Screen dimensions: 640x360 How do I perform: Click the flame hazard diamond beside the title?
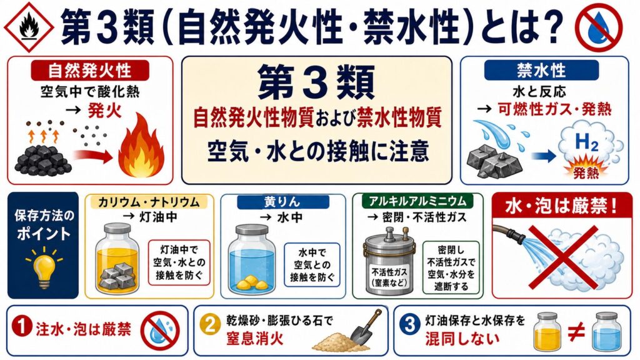pyautogui.click(x=29, y=27)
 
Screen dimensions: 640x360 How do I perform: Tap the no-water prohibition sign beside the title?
pyautogui.click(x=598, y=27)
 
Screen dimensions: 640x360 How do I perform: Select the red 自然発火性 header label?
pyautogui.click(x=90, y=70)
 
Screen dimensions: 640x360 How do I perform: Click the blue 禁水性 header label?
pyautogui.click(x=541, y=70)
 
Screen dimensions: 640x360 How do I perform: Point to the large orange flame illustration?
pyautogui.click(x=141, y=146)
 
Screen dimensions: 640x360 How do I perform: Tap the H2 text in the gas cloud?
pyautogui.click(x=586, y=142)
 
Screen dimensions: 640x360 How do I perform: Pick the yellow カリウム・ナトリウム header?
pyautogui.click(x=149, y=202)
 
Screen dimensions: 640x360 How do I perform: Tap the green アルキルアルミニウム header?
pyautogui.click(x=417, y=201)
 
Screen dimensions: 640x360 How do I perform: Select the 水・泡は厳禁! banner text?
pyautogui.click(x=561, y=206)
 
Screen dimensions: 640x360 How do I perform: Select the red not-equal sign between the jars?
pyautogui.click(x=576, y=332)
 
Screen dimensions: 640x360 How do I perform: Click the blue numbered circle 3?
pyautogui.click(x=410, y=325)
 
